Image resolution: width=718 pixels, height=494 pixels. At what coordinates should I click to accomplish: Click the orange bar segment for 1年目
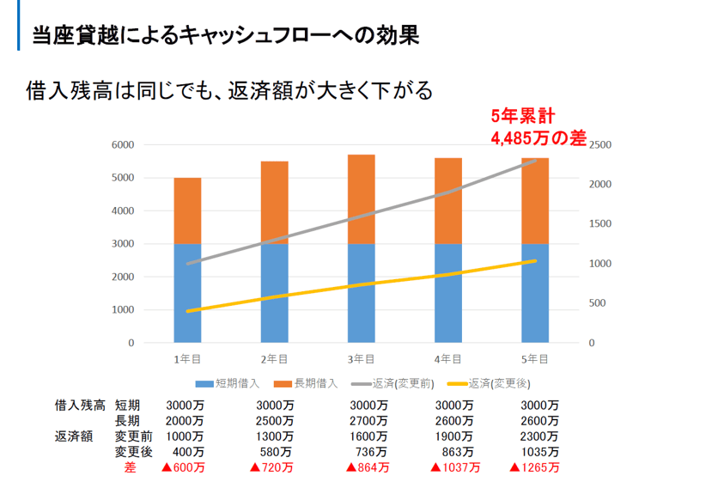[187, 210]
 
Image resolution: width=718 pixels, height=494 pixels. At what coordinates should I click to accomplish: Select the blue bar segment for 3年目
[361, 292]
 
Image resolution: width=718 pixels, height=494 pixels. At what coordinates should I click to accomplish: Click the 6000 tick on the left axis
[123, 145]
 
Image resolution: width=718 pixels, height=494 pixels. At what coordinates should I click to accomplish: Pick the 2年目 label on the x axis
[274, 358]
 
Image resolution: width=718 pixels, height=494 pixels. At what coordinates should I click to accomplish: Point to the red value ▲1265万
[534, 467]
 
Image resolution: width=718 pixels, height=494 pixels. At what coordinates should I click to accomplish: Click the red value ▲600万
[183, 467]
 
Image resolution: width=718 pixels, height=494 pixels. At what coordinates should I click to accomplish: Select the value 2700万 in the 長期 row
[369, 421]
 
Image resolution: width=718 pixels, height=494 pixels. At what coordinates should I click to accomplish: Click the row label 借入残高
[80, 406]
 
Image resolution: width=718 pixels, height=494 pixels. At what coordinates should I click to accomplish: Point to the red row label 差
[131, 467]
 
